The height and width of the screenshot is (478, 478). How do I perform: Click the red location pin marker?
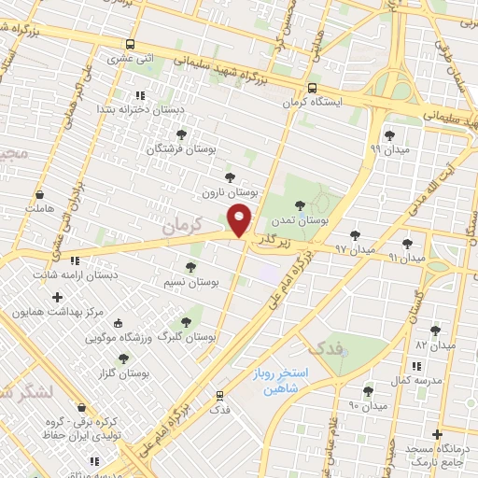pyautogui.click(x=240, y=218)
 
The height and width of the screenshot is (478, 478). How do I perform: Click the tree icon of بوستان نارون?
pyautogui.click(x=230, y=176)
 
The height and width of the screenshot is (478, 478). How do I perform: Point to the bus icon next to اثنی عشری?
pyautogui.click(x=130, y=44)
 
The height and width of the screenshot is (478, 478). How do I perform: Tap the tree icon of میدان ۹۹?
pyautogui.click(x=389, y=135)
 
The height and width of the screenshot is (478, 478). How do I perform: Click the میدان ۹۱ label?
pyautogui.click(x=406, y=256)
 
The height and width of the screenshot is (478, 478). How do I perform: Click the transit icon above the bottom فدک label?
pyautogui.click(x=220, y=395)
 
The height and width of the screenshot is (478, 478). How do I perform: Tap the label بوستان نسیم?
pyautogui.click(x=191, y=282)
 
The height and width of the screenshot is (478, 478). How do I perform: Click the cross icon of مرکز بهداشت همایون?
pyautogui.click(x=57, y=297)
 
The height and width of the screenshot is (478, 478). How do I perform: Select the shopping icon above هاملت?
pyautogui.click(x=39, y=196)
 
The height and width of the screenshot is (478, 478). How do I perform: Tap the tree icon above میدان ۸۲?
pyautogui.click(x=434, y=330)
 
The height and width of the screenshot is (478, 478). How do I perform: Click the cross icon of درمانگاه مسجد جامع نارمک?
pyautogui.click(x=437, y=434)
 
